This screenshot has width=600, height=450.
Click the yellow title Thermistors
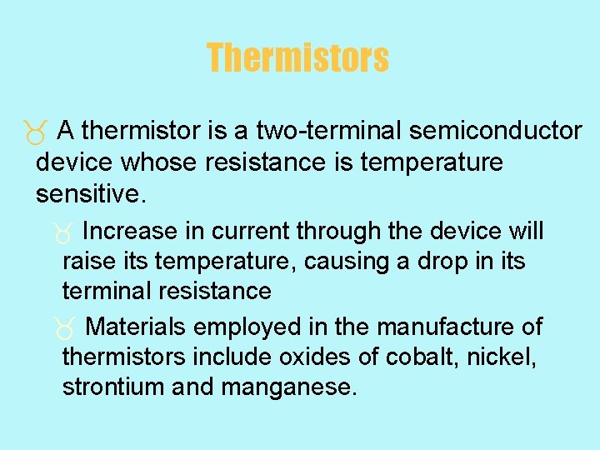click(x=297, y=58)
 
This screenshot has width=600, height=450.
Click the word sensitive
click(x=91, y=194)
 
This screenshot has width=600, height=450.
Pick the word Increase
click(x=130, y=231)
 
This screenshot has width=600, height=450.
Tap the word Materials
click(x=136, y=327)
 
